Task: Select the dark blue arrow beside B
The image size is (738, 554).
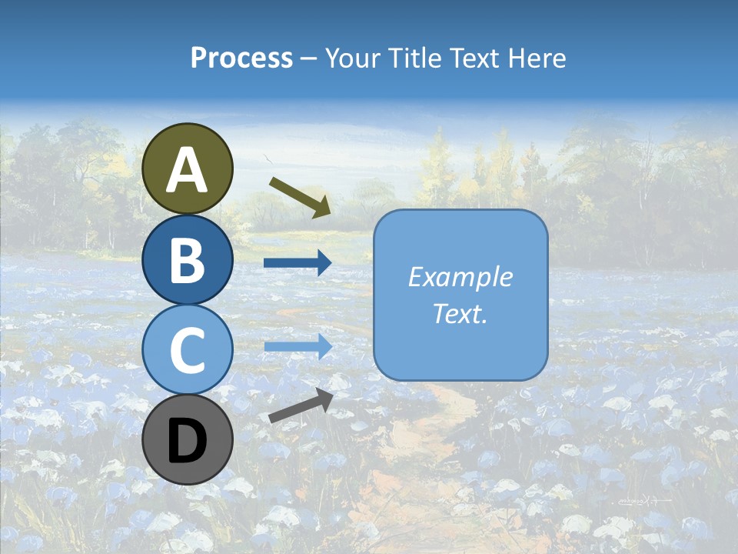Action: (x=298, y=263)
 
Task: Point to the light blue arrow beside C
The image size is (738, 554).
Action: (x=298, y=346)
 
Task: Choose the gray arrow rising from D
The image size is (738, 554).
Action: (x=301, y=405)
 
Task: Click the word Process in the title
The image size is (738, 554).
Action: (x=241, y=58)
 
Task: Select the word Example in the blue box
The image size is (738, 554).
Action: (x=460, y=277)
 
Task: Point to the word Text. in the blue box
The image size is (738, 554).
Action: (x=460, y=313)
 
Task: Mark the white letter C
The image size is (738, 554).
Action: (x=188, y=350)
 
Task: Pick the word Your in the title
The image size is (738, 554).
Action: (x=350, y=58)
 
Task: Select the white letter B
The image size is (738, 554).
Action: (x=188, y=260)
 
